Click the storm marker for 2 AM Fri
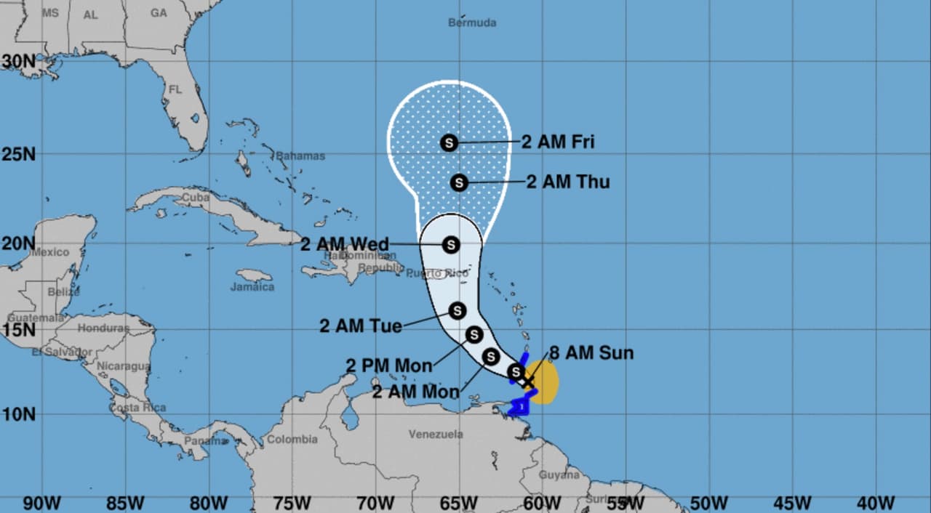449,143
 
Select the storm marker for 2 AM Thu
458,182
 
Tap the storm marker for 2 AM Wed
451,244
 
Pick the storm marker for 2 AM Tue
457,311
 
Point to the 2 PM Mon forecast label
388,365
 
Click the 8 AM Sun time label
591,354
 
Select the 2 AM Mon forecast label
415,392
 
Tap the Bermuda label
472,23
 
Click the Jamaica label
252,287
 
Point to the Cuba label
196,197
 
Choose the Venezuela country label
436,434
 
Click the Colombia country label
292,439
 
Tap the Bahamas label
300,156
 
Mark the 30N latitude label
19,62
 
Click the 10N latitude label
19,414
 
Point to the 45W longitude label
792,503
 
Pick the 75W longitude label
292,503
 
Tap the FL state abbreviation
175,90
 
